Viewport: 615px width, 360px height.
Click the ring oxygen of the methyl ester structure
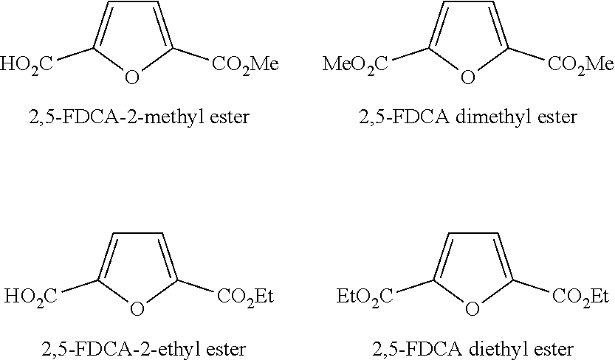(x=132, y=77)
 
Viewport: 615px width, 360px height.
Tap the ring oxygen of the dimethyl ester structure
(x=467, y=77)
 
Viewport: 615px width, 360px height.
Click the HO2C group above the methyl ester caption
(x=27, y=65)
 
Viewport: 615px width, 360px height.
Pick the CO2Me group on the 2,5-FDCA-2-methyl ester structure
(x=244, y=65)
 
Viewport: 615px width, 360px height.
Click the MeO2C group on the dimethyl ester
(x=355, y=65)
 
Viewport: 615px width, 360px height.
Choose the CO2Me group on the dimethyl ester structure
(x=580, y=65)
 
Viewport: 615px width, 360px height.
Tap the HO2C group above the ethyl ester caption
(x=30, y=297)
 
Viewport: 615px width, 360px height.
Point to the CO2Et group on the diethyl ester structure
(x=580, y=297)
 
